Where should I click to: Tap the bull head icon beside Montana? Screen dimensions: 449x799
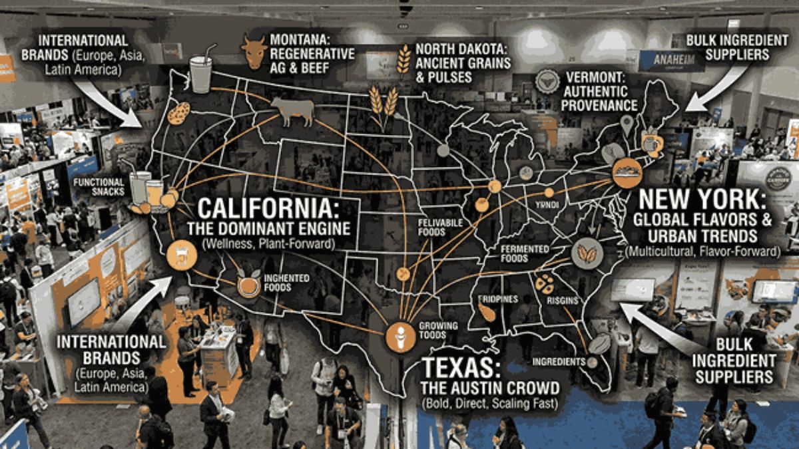pos(254,52)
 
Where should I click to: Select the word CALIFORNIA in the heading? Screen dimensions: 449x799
pos(268,209)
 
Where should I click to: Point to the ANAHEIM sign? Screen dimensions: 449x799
pos(662,60)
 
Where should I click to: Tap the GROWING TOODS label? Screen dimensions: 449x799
pos(437,331)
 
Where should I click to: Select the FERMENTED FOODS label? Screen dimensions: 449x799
pos(525,253)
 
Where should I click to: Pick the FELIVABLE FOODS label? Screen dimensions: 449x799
pos(441,227)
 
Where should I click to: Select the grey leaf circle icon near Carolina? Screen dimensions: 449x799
pos(587,253)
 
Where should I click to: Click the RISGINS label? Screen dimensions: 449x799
pos(563,300)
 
